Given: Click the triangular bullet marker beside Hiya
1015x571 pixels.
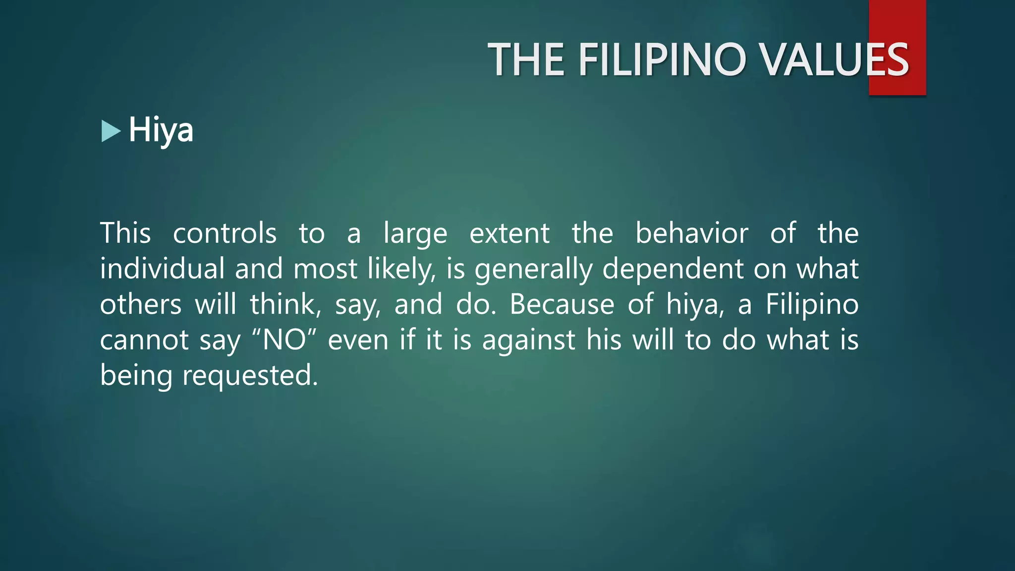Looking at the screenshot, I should pos(111,131).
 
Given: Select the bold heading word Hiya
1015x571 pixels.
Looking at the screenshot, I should pos(161,130).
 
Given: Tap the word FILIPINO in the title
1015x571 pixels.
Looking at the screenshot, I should pos(663,60).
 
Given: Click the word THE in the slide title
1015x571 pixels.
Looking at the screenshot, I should pos(526,60).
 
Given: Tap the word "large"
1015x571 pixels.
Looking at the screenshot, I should pos(415,234).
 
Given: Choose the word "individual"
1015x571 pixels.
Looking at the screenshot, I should pos(163,269).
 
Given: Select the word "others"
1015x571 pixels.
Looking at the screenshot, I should pos(141,304).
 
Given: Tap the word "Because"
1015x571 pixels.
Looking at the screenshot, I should pos(562,304).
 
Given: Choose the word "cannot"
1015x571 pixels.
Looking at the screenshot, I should pos(144,340).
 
